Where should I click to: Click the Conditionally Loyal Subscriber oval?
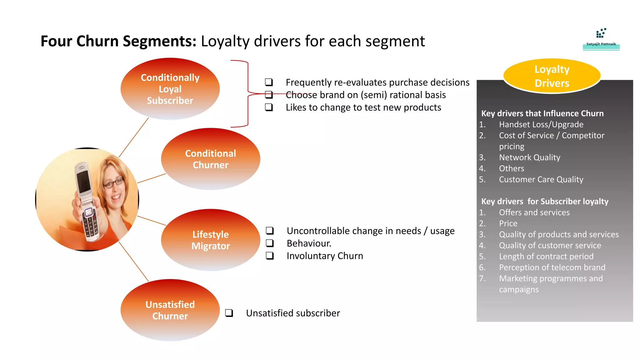[170, 89]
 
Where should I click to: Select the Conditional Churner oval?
[210, 159]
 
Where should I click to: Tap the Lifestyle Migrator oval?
[210, 240]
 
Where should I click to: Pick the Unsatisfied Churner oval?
[170, 310]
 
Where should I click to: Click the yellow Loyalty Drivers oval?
[552, 76]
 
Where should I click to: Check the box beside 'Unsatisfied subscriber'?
[229, 313]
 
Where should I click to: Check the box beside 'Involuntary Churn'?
[270, 256]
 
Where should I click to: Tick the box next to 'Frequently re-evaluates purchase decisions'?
[269, 82]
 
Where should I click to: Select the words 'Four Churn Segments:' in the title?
[118, 41]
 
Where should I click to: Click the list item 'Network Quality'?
[529, 157]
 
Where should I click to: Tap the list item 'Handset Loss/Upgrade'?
[541, 124]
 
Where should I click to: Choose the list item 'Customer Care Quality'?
[541, 179]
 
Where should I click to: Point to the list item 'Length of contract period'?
[546, 257]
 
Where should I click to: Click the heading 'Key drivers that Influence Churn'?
[542, 113]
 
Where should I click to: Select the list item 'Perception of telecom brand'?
[552, 267]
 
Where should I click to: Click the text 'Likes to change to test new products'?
[363, 107]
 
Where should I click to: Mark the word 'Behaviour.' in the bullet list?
[309, 243]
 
